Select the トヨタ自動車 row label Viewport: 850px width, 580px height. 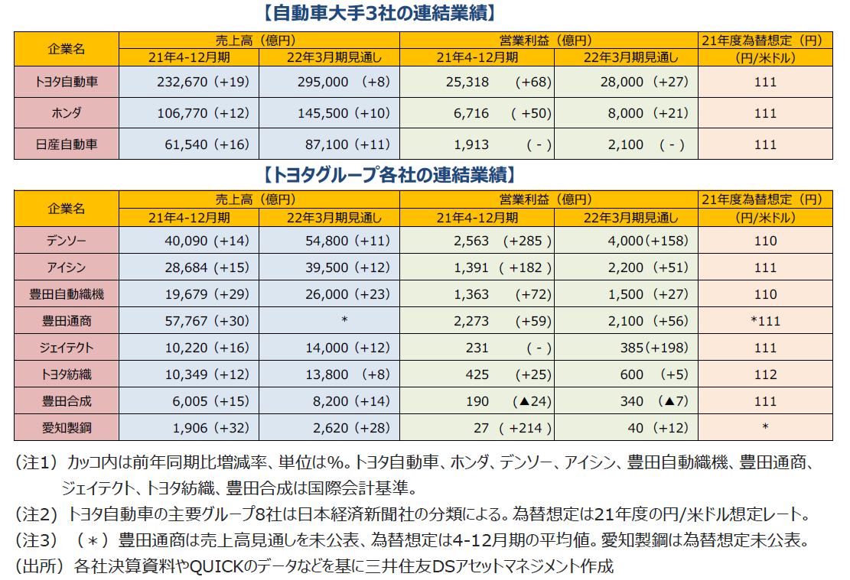(x=66, y=82)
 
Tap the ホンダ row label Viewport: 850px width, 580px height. (x=66, y=113)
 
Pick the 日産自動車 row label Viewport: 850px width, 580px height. (x=66, y=144)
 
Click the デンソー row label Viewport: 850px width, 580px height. (x=66, y=241)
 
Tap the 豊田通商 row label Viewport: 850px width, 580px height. (x=66, y=321)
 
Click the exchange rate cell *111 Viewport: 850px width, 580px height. (x=765, y=321)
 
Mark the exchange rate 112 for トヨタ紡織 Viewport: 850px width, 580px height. (x=765, y=374)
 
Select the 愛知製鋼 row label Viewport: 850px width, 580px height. (x=66, y=428)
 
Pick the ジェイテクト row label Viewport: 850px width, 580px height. (x=66, y=348)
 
